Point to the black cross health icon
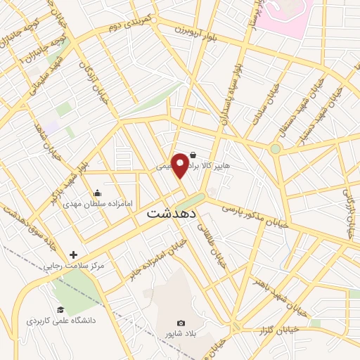pyautogui.click(x=73, y=255)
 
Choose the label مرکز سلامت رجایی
pyautogui.click(x=74, y=266)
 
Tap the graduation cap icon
pyautogui.click(x=60, y=310)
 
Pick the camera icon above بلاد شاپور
pyautogui.click(x=181, y=323)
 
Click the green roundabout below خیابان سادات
pyautogui.click(x=275, y=149)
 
